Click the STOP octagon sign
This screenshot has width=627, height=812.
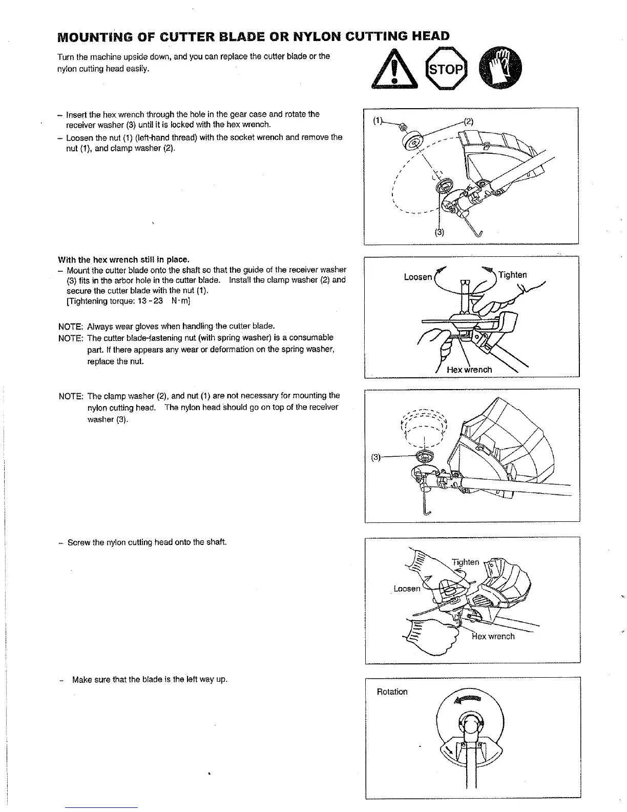(446, 69)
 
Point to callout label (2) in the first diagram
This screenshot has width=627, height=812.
(469, 121)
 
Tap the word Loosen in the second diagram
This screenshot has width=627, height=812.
(418, 277)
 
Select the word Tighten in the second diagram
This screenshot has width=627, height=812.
(512, 275)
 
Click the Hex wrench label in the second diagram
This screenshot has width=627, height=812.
(469, 370)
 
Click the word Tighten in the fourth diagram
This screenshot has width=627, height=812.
(465, 562)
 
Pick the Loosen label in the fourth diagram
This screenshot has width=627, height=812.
(407, 588)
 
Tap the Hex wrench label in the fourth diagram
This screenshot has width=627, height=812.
(493, 636)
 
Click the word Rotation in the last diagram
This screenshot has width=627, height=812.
(392, 692)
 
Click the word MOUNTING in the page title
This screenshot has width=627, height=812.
(97, 36)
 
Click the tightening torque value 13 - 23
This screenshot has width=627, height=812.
(148, 301)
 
